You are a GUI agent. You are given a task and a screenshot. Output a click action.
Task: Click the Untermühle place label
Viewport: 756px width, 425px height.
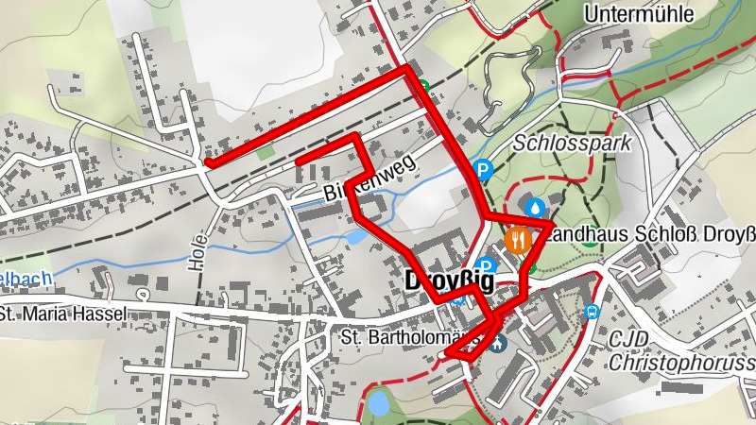tap(639, 14)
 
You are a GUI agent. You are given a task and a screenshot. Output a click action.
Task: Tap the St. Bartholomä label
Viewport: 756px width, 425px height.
tap(394, 337)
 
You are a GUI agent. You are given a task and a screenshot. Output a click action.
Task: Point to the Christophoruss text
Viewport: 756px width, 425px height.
tap(682, 363)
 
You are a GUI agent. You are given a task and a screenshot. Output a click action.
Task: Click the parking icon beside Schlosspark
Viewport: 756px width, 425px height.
tap(483, 171)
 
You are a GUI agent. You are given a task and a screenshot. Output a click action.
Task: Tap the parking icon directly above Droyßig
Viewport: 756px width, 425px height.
tap(486, 266)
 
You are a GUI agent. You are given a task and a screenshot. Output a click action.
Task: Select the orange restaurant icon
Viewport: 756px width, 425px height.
tap(517, 239)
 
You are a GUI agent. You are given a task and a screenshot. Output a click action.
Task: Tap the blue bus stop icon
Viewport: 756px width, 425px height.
tap(593, 313)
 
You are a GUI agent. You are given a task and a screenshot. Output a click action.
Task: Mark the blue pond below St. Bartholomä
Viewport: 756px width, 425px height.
tap(379, 404)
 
